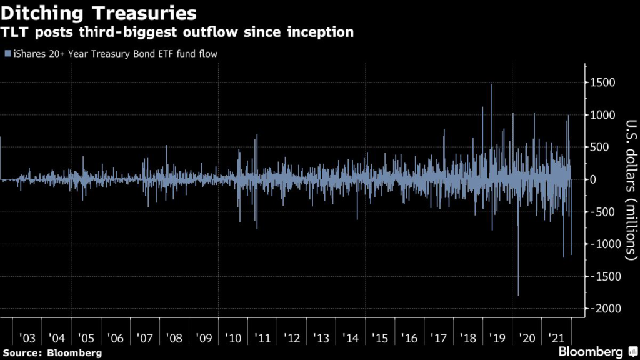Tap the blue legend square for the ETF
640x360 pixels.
pos(7,54)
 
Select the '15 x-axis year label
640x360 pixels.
pos(379,338)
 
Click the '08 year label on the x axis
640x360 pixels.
pos(174,338)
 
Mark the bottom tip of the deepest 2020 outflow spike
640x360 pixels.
pos(518,295)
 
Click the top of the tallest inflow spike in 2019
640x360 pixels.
pos(491,84)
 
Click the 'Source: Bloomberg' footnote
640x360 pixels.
pos(51,353)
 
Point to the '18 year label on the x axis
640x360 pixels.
pos(467,338)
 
